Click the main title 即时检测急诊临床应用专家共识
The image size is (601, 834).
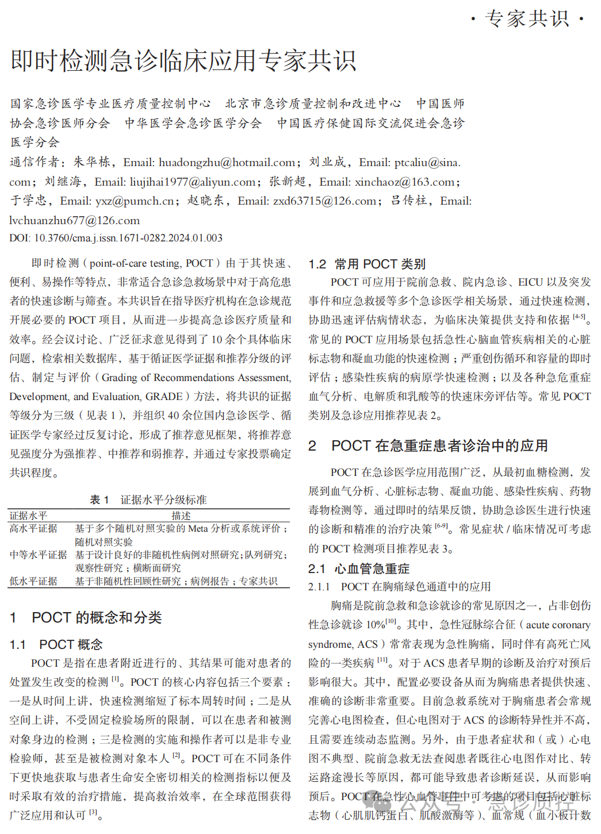pos(183,61)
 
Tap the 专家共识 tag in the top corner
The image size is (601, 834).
pos(527,19)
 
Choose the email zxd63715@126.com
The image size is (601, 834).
pos(325,201)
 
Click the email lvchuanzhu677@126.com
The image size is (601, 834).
pos(75,221)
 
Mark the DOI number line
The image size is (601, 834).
pos(116,238)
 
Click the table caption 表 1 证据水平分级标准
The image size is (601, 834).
pos(148,499)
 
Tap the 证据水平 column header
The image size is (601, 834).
pos(29,516)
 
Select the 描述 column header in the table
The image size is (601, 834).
pos(181,516)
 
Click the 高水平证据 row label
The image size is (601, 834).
pos(33,528)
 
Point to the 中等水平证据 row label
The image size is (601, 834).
pos(38,555)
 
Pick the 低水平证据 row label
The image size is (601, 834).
pos(33,581)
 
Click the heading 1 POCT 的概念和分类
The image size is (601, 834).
pos(86,617)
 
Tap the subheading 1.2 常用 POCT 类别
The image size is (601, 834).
pos(367,264)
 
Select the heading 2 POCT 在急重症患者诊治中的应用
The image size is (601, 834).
pos(428,445)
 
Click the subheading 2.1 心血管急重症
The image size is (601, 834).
pos(359,568)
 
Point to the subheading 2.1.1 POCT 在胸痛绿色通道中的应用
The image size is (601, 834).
pos(399,587)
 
